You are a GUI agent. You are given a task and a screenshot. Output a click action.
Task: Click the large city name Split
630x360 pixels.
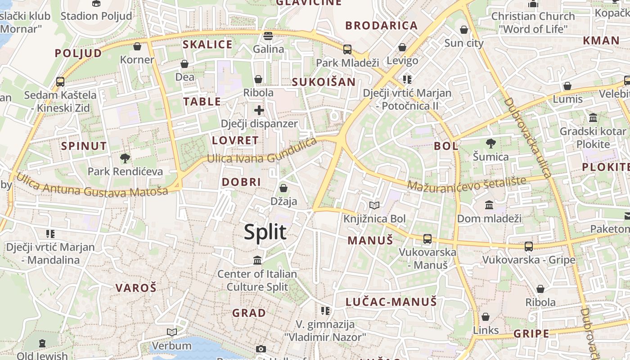coord(265,232)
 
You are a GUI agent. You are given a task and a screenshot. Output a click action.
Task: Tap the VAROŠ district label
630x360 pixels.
coord(135,288)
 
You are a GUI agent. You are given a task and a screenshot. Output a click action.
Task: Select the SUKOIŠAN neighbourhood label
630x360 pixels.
coord(324,82)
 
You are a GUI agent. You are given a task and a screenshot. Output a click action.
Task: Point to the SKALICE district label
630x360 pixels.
coord(207,45)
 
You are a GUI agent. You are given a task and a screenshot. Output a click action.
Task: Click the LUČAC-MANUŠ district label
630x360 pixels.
coord(391,301)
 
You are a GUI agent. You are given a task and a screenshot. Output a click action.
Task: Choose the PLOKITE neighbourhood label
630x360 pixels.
coord(605,167)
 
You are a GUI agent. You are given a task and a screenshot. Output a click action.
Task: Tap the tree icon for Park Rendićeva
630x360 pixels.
coord(125,158)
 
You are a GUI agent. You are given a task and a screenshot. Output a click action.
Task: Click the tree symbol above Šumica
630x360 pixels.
coord(490,144)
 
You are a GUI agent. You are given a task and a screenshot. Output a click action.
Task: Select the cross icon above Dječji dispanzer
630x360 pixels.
coord(259,110)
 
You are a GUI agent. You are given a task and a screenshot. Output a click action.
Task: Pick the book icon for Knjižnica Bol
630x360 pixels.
coord(374,206)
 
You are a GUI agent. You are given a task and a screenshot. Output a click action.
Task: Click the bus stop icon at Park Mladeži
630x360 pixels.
coord(347,49)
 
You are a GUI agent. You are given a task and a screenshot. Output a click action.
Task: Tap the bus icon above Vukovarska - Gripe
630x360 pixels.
coord(529,247)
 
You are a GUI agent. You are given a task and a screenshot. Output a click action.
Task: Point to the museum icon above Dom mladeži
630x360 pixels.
coord(489,205)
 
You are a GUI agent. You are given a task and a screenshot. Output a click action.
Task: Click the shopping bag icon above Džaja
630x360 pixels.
coord(283,188)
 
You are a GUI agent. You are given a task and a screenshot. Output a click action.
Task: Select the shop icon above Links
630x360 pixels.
coord(486,317)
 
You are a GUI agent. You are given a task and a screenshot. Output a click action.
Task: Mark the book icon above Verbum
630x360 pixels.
coord(172,333)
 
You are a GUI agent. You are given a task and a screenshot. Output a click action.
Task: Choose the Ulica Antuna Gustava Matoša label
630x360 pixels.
coord(92,185)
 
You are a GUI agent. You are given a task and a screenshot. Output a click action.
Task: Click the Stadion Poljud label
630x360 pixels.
coord(96,16)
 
